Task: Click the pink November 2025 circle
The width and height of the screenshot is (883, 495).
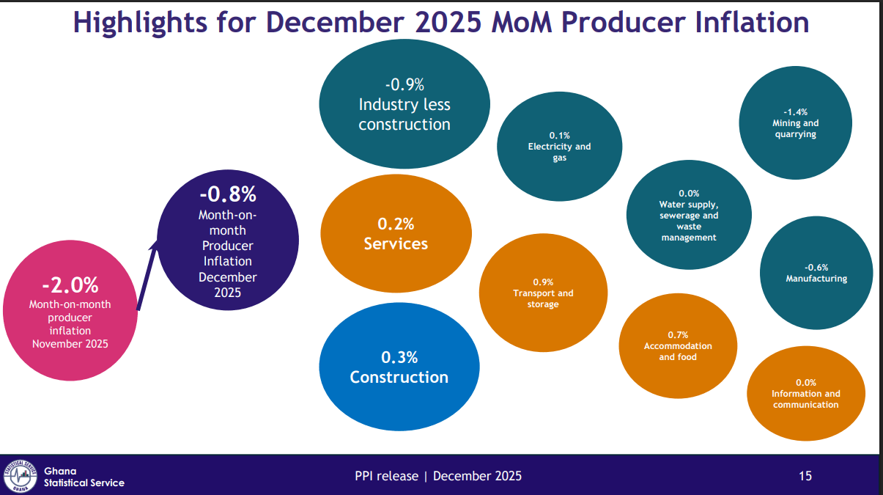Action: (x=70, y=312)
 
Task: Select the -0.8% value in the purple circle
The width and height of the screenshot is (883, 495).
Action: (x=228, y=194)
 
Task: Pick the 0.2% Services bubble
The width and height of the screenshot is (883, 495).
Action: (x=396, y=233)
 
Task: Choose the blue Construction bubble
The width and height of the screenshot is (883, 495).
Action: (x=399, y=367)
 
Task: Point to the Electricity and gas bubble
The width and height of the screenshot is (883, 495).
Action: (x=559, y=147)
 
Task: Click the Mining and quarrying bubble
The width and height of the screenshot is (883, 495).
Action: (x=795, y=123)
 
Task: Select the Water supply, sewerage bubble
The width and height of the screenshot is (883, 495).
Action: (x=689, y=216)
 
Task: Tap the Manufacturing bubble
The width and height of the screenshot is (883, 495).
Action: (x=816, y=273)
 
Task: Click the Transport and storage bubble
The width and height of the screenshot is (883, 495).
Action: (x=543, y=293)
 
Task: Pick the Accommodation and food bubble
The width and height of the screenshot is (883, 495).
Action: (x=678, y=345)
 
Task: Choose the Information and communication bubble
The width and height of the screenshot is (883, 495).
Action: (x=806, y=394)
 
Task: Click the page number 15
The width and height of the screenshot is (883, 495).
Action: (x=805, y=476)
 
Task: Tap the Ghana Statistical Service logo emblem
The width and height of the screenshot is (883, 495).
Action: (x=20, y=475)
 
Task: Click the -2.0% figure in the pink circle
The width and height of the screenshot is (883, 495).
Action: (x=70, y=285)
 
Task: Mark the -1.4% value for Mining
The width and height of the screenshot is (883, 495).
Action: (x=796, y=112)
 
